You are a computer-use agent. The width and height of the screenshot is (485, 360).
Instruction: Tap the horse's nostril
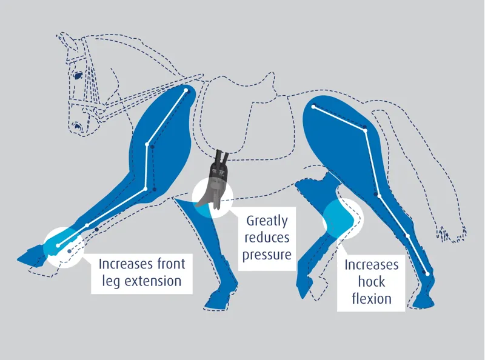tap(76, 127)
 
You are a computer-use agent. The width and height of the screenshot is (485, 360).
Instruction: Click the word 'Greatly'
tap(267, 221)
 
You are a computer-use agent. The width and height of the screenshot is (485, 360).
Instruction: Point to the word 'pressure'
tap(267, 255)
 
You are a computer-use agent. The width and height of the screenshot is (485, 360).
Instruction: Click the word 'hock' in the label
tap(372, 281)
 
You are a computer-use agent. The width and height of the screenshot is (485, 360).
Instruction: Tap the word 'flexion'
tap(372, 298)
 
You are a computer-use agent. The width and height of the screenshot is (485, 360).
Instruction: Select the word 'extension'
tap(153, 281)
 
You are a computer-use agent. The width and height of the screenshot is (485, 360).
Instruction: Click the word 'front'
tap(171, 264)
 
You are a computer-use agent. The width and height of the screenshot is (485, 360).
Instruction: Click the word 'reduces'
tap(267, 238)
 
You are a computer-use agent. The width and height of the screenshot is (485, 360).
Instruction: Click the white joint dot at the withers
tap(186, 91)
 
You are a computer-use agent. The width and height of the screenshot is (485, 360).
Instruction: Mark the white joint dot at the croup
tap(313, 107)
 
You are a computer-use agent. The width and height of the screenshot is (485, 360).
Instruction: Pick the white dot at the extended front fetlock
tap(58, 245)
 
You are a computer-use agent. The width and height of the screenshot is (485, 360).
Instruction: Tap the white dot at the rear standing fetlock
tap(427, 274)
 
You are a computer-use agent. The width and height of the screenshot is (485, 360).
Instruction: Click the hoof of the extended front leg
tap(31, 253)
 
